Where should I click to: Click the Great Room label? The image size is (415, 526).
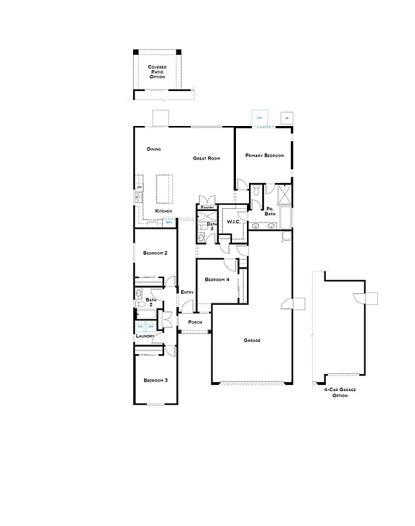[206, 158]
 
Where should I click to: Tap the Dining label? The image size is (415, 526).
[154, 149]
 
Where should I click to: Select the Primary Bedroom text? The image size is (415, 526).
[265, 156]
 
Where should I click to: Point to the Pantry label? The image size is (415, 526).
[208, 207]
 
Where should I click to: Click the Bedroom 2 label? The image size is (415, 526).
[155, 253]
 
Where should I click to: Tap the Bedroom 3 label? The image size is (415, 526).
[155, 380]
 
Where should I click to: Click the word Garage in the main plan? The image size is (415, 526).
[252, 340]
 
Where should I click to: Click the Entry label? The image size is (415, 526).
[187, 292]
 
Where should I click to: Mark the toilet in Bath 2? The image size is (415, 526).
[140, 294]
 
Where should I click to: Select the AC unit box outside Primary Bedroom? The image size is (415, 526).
[287, 118]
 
